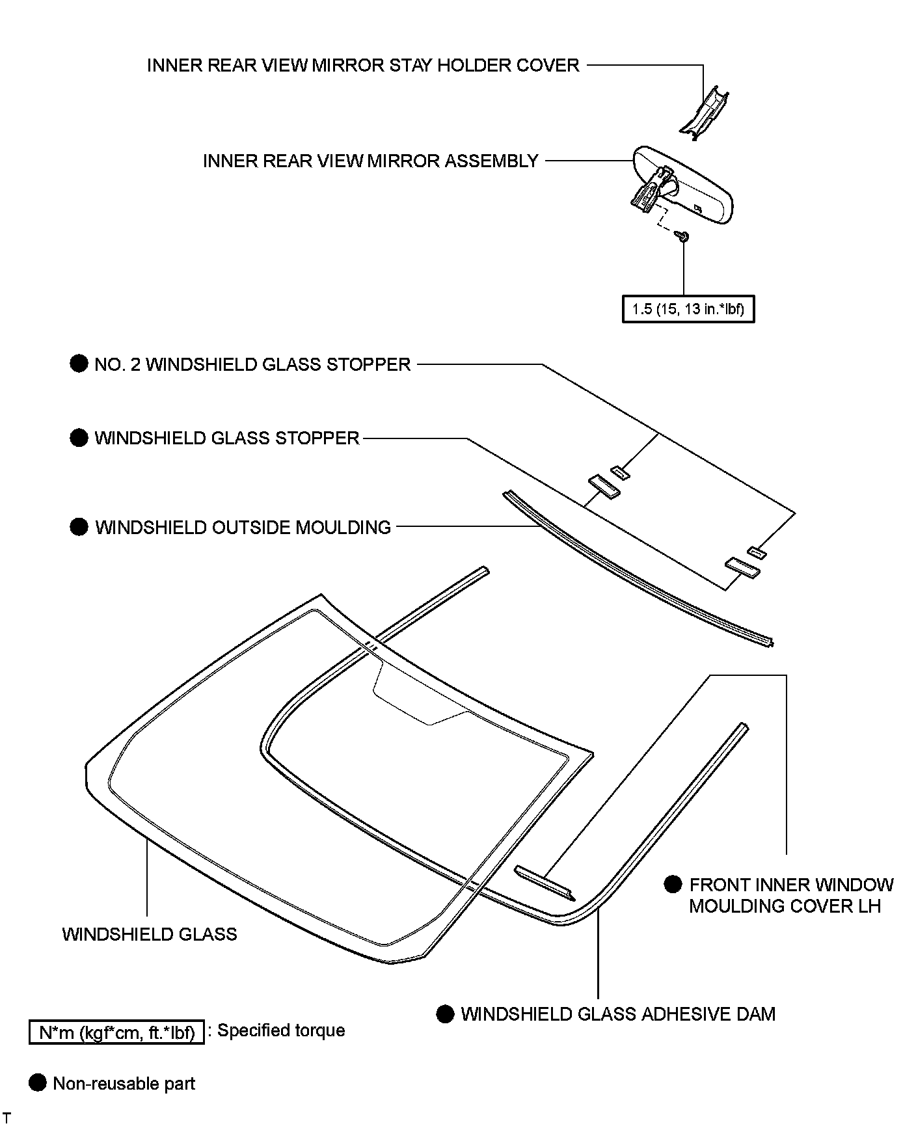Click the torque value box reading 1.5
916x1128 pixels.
(x=688, y=309)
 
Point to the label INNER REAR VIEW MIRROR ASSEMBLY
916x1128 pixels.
(x=370, y=161)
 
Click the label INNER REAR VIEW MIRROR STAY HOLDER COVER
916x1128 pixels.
(x=363, y=65)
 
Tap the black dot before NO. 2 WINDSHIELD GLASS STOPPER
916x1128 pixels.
(x=79, y=364)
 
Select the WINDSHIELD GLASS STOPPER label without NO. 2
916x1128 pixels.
(x=227, y=438)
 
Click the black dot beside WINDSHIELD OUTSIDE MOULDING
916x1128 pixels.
(x=79, y=526)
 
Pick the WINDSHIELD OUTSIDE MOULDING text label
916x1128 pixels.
(x=243, y=527)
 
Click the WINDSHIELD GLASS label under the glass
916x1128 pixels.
(x=150, y=934)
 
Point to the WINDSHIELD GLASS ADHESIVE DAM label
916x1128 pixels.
(x=618, y=1014)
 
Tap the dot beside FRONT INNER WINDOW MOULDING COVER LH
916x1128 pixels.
(x=673, y=884)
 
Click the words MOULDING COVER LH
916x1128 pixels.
(x=785, y=906)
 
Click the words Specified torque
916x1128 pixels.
(x=281, y=1030)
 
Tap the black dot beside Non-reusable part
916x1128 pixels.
(x=38, y=1083)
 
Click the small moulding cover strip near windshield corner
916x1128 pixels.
(x=545, y=883)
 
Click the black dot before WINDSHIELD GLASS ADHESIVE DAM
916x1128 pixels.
(x=445, y=1014)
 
